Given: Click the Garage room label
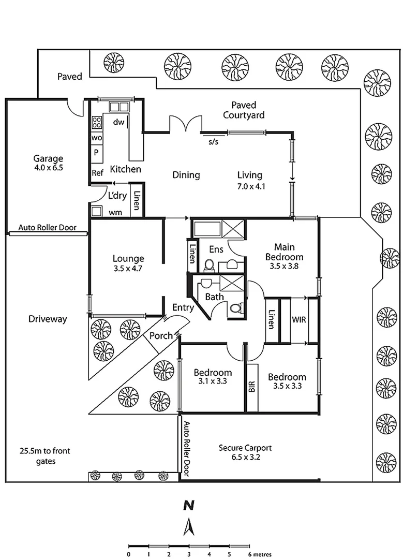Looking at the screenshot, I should pyautogui.click(x=48, y=158).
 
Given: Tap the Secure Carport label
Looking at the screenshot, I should pyautogui.click(x=245, y=448).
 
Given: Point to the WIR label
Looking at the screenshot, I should pyautogui.click(x=299, y=319).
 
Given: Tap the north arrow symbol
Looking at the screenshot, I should pyautogui.click(x=189, y=527).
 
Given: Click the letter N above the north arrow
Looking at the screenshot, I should pyautogui.click(x=189, y=505).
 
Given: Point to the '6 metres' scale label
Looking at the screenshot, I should pyautogui.click(x=260, y=554).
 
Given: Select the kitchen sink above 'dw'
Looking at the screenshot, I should pyautogui.click(x=118, y=107).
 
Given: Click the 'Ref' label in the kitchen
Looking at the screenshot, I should pyautogui.click(x=97, y=172).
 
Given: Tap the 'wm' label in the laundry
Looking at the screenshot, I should pyautogui.click(x=115, y=212).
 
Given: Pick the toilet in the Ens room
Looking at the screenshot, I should pyautogui.click(x=210, y=266).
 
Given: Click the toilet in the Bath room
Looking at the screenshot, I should pyautogui.click(x=236, y=309).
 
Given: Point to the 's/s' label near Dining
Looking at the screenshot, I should pyautogui.click(x=213, y=141).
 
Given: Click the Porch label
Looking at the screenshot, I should pyautogui.click(x=161, y=335).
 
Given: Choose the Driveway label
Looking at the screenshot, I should pyautogui.click(x=48, y=319).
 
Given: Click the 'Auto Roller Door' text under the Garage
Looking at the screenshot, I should pyautogui.click(x=48, y=227).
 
